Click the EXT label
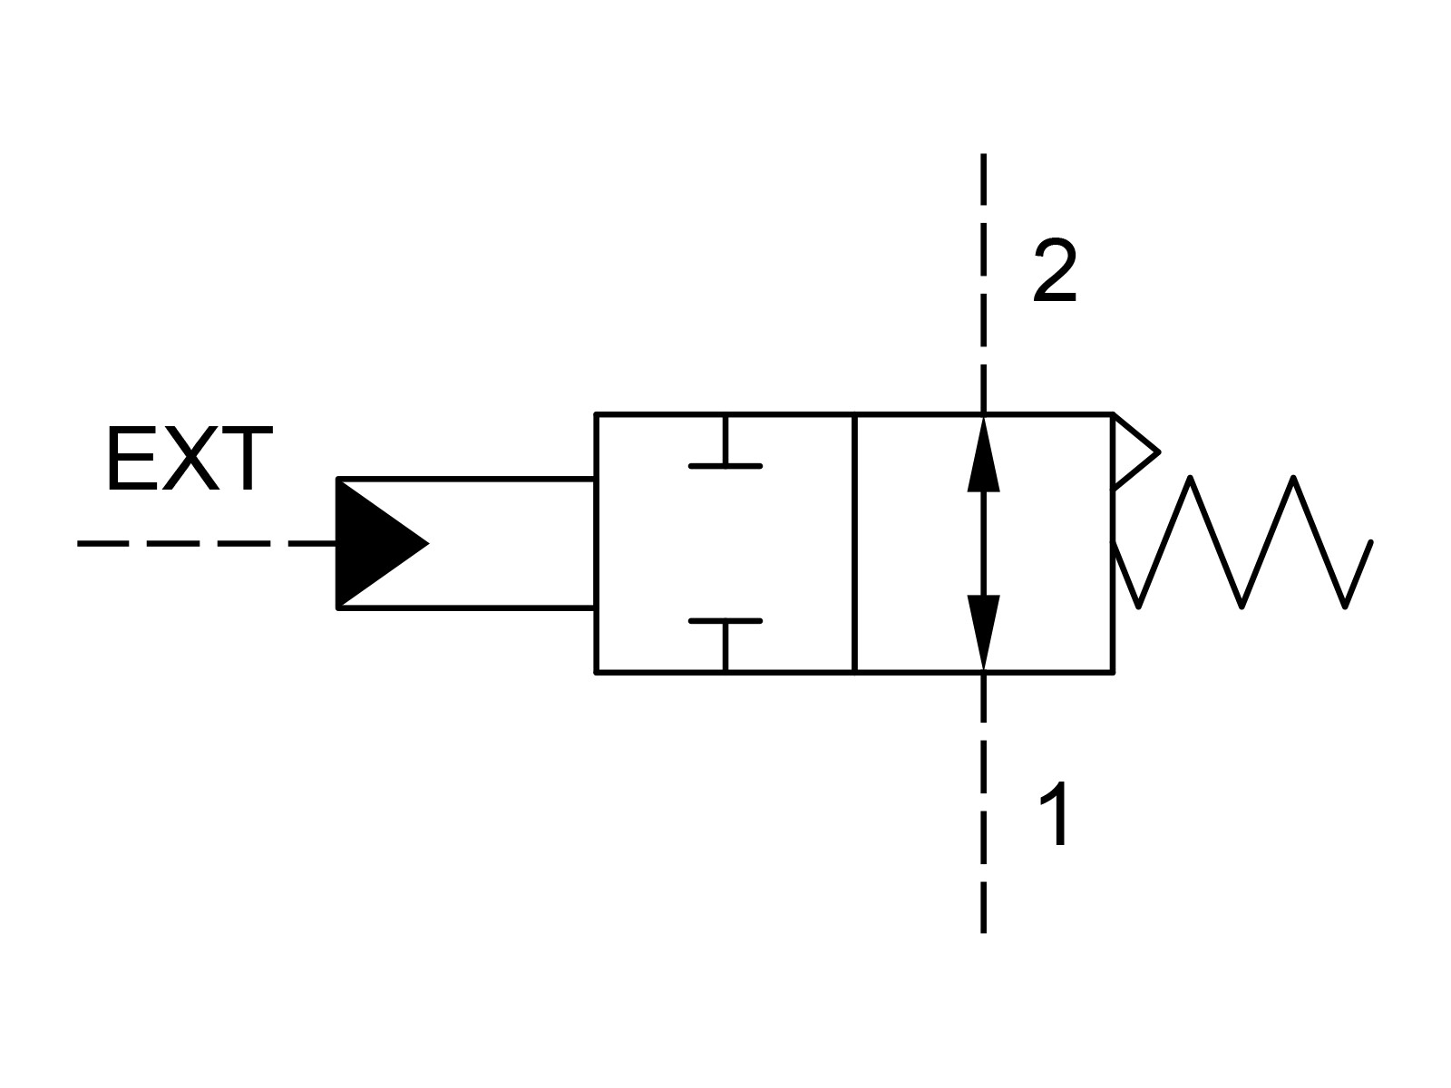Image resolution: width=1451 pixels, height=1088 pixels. (189, 459)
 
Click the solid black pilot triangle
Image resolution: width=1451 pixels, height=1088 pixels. (382, 543)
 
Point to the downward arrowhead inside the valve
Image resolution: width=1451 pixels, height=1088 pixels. (984, 633)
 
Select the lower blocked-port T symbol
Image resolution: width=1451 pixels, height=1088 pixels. (725, 646)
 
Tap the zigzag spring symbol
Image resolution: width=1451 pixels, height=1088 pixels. (1242, 541)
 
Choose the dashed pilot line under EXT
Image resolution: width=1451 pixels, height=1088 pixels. (206, 544)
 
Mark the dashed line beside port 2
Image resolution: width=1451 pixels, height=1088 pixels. (984, 284)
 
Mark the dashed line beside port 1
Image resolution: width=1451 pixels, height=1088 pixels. (984, 802)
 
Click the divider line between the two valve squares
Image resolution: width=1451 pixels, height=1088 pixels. (855, 543)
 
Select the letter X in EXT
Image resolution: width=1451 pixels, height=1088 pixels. (190, 459)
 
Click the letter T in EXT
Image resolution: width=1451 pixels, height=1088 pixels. (247, 459)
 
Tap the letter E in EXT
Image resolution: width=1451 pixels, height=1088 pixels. (132, 459)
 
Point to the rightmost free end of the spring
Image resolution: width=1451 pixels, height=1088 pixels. (1371, 542)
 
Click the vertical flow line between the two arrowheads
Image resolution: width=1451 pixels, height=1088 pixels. (984, 544)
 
